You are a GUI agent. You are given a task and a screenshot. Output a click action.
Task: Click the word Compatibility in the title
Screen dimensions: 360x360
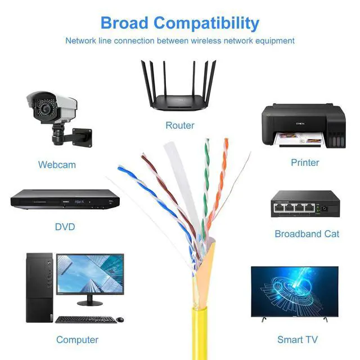206,24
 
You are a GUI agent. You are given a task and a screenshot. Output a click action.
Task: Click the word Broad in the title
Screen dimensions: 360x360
124,23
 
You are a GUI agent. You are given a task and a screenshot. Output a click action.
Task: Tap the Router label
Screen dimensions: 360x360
180,125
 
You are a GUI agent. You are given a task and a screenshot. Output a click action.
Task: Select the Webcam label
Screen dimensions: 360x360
57,165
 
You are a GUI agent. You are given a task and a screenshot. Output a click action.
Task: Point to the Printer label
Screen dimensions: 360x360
305,163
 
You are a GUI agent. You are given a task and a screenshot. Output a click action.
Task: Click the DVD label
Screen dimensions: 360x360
65,227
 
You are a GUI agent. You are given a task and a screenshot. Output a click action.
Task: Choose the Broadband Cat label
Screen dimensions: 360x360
307,233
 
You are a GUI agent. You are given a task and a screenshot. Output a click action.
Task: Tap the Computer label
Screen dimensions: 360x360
77,340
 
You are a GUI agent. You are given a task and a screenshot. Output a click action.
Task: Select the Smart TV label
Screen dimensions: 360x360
298,340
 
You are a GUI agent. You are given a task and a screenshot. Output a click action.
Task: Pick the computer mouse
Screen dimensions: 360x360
120,319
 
